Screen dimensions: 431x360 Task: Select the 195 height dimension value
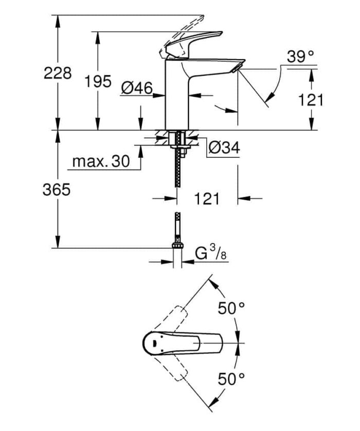point(98,81)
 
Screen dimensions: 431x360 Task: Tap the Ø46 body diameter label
point(137,89)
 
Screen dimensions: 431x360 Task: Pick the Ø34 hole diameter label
point(224,148)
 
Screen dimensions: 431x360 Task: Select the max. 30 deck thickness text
point(100,162)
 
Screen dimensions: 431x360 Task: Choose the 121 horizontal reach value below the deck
point(207,198)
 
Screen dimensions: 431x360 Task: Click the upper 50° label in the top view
point(231,309)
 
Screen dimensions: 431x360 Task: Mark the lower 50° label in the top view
point(231,380)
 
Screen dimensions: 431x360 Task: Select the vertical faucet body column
point(177,98)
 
